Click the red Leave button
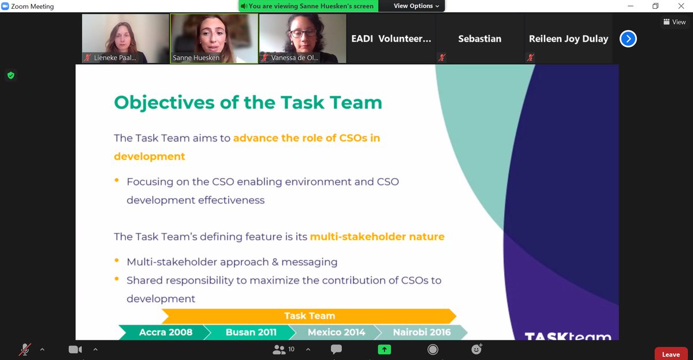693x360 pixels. coord(670,354)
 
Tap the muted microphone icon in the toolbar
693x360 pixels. coord(25,350)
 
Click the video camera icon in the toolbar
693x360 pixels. coord(74,350)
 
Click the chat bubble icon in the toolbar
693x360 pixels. coord(336,350)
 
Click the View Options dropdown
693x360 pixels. coord(416,6)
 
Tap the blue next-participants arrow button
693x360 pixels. coord(628,39)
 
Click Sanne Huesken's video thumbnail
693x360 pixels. coord(214,38)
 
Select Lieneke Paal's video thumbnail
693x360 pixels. coord(125,38)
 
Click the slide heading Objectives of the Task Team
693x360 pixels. coord(248,102)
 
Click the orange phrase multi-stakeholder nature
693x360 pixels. coord(377,236)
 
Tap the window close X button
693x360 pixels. coord(680,6)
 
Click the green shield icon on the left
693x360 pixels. coord(10,75)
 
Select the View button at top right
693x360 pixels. coord(674,22)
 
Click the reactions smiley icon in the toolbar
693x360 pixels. coord(476,349)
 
